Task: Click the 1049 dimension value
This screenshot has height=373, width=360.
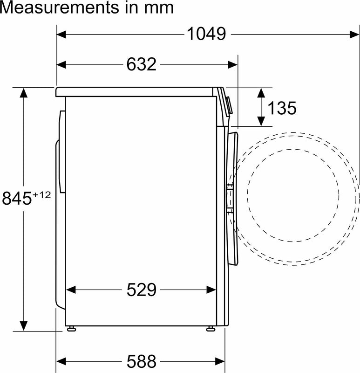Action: (x=206, y=34)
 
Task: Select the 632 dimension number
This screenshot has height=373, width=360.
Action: (x=141, y=64)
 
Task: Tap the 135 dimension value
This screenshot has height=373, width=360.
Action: (x=282, y=108)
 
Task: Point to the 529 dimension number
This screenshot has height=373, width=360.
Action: (x=141, y=290)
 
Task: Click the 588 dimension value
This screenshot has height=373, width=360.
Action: (x=141, y=361)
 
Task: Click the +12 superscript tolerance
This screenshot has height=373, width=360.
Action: (x=41, y=194)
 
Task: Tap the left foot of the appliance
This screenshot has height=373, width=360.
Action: (x=71, y=329)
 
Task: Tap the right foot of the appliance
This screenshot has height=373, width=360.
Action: (x=211, y=329)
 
